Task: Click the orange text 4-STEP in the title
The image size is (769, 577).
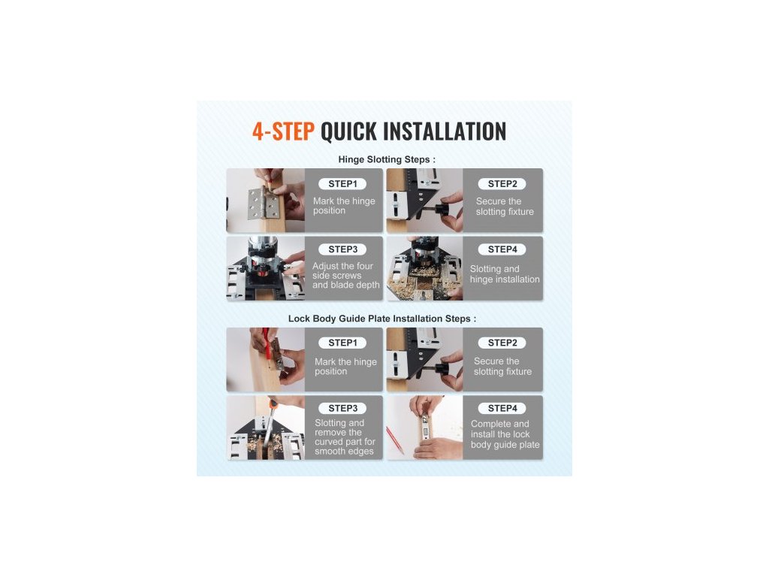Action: coord(283,131)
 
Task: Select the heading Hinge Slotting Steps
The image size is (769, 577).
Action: coord(387,159)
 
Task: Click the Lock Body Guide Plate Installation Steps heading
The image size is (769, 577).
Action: coord(382,319)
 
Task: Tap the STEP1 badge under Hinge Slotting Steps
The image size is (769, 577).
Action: coord(342,184)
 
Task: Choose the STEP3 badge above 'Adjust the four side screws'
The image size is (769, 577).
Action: coord(342,249)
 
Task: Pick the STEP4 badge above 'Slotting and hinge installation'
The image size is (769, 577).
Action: coord(502,249)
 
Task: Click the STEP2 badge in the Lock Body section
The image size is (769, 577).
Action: coord(502,343)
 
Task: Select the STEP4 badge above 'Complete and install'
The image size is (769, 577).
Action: coord(502,408)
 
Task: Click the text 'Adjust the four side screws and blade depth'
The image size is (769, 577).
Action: coord(345,275)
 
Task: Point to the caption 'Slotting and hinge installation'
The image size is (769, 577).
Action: coord(505,273)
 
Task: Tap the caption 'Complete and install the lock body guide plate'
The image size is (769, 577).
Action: coord(505,434)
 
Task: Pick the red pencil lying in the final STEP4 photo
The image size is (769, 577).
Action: coord(395,440)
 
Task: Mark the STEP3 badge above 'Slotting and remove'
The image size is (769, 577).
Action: coord(342,408)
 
